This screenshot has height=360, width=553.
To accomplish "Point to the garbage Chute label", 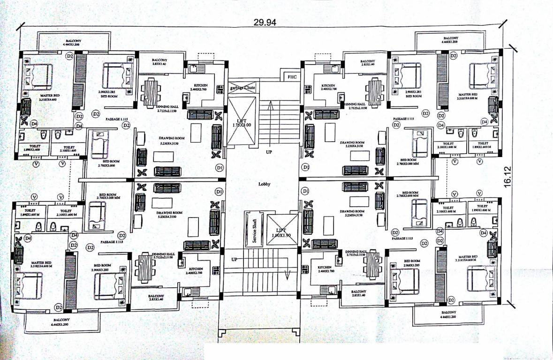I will pos(242,88).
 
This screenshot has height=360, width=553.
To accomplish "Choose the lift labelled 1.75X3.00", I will pos(242,123).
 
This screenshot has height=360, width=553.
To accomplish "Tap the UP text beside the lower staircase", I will pos(234,260).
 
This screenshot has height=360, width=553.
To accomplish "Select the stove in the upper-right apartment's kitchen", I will pos(308,89).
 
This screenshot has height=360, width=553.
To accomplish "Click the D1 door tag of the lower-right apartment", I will pos(305,191).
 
